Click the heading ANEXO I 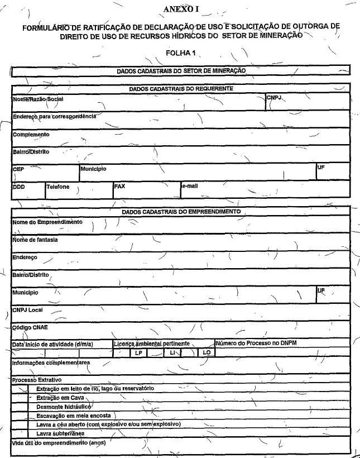pyautogui.click(x=181, y=9)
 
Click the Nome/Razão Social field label pyautogui.click(x=38, y=99)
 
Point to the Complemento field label pyautogui.click(x=31, y=135)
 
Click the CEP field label pyautogui.click(x=18, y=168)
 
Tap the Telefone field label pyautogui.click(x=58, y=187)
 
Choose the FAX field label pyautogui.click(x=119, y=187)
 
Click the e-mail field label pyautogui.click(x=189, y=186)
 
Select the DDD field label pyautogui.click(x=19, y=187)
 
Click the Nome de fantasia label pyautogui.click(x=35, y=240)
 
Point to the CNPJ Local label pyautogui.click(x=27, y=309)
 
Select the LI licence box pyautogui.click(x=171, y=352)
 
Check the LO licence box pyautogui.click(x=206, y=352)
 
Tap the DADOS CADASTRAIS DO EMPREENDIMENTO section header pyautogui.click(x=181, y=212)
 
